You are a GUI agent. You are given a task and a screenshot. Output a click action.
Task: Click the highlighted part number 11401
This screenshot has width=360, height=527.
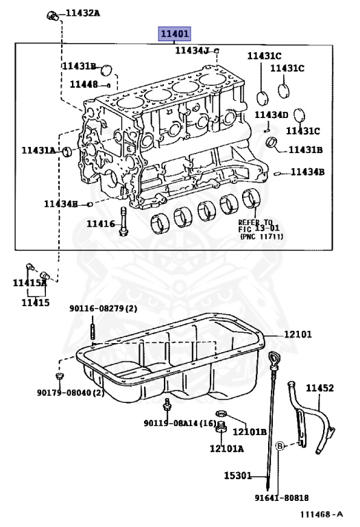coord(174,34)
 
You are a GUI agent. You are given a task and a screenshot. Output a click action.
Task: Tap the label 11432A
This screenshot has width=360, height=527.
coord(82,13)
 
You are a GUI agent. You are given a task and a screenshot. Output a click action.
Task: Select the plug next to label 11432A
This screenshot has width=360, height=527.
coord(52,16)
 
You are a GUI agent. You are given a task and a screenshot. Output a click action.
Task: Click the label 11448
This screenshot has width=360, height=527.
coord(84,84)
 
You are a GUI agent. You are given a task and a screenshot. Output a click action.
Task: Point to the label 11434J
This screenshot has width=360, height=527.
coord(192,50)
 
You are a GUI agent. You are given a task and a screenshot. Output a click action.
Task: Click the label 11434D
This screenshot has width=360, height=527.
coord(272,115)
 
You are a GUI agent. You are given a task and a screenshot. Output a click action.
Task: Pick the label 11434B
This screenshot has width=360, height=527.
coord(308,172)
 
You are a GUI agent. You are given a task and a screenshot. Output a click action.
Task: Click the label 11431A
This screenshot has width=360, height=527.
coord(38,150)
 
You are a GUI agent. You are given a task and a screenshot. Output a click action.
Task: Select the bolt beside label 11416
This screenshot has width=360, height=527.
coord(123,222)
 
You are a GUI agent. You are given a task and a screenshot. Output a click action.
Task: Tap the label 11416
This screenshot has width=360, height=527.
coord(101,224)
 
